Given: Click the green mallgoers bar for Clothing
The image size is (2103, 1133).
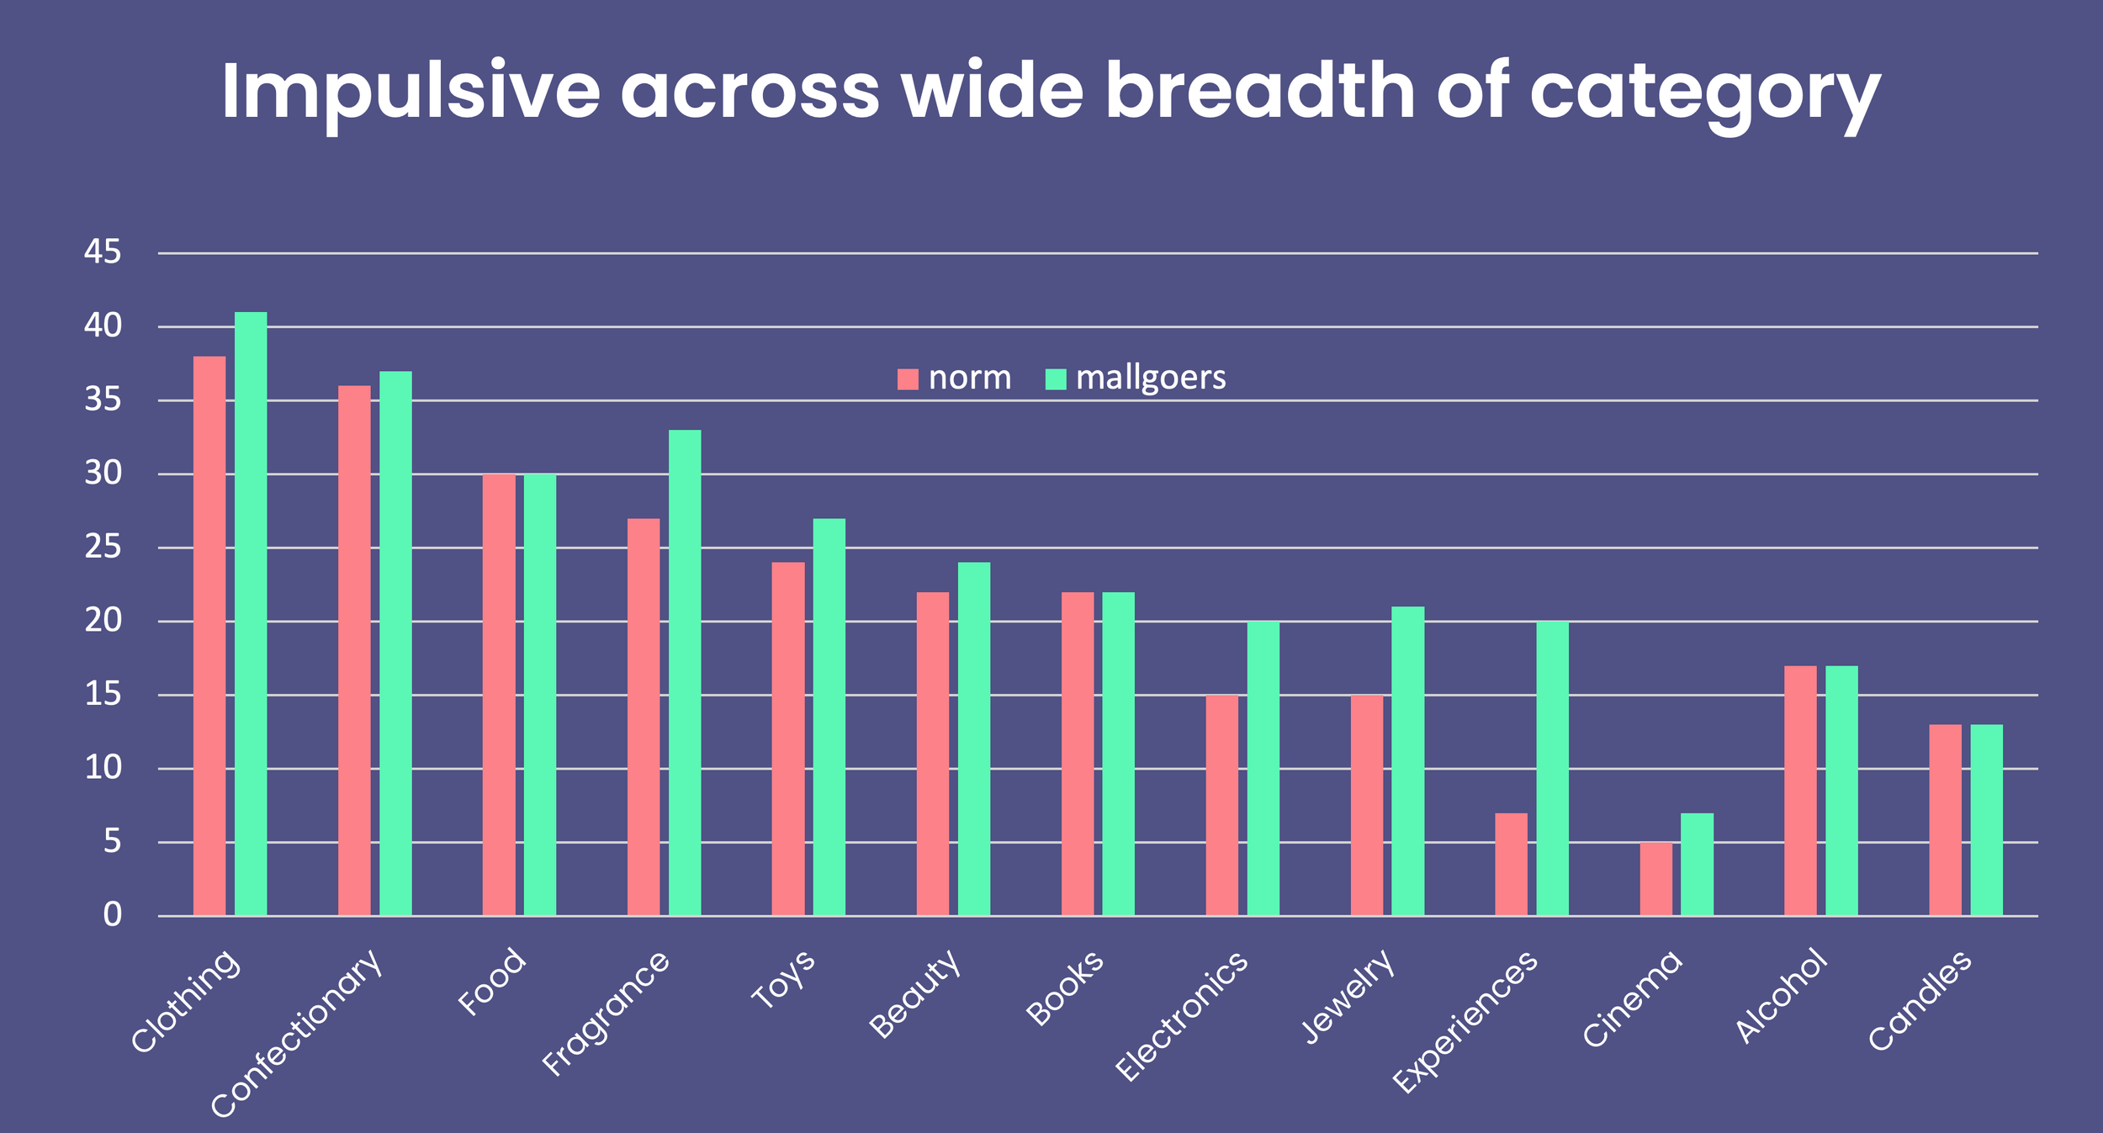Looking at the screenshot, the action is [251, 614].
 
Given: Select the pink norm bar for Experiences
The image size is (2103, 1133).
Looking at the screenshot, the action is [1511, 865].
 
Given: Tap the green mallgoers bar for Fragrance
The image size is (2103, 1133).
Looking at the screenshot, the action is [685, 673].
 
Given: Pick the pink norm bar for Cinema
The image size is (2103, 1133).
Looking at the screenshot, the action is [1655, 879].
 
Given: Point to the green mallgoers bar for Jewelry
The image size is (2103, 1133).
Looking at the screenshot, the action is [1408, 761].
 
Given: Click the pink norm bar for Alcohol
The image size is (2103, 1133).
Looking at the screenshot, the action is [1800, 791].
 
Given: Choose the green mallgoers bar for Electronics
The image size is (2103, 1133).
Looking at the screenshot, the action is [1263, 769].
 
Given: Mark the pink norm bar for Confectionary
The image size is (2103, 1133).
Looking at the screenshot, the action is [354, 651].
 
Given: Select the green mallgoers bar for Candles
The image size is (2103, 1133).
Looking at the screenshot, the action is [1987, 820].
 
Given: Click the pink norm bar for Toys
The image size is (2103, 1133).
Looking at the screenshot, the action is [788, 739].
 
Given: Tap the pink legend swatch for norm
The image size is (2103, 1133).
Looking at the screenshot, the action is [908, 379].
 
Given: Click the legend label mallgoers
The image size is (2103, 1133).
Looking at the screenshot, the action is [1151, 379].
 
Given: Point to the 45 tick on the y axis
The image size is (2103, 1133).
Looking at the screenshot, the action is [103, 251].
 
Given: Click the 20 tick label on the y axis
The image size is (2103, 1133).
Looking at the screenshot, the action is [103, 621].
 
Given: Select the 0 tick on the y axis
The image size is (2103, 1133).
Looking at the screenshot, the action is [113, 915].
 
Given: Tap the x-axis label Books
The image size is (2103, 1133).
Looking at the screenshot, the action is [1065, 987].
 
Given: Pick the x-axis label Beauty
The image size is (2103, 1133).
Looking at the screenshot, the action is [914, 993].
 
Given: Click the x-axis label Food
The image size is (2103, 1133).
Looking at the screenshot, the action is [492, 982].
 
